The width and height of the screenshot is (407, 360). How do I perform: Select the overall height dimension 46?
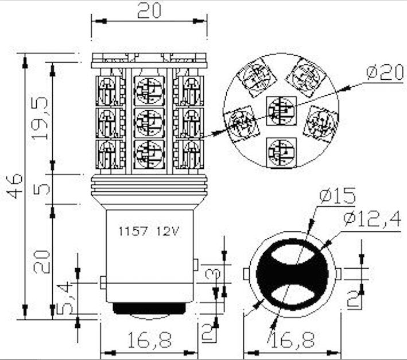(15, 185)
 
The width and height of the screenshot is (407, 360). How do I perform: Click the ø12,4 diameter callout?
(373, 218)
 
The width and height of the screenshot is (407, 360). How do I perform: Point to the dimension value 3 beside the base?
(213, 274)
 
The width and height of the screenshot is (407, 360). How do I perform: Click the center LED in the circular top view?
(281, 110)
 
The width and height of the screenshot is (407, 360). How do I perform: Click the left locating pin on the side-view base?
(103, 282)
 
